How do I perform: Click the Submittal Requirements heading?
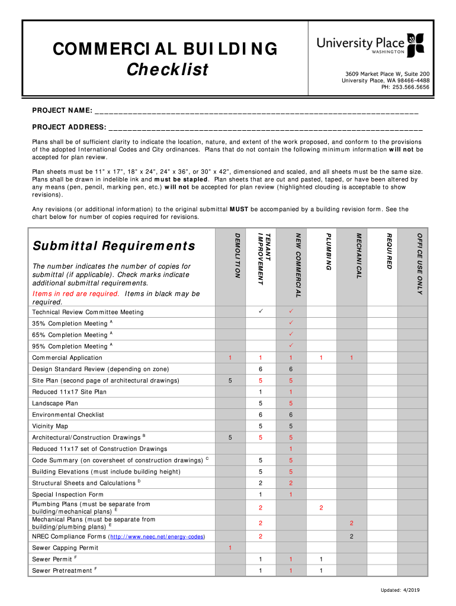(x=114, y=246)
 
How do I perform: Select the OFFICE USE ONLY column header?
(x=419, y=260)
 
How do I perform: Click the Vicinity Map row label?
(x=50, y=426)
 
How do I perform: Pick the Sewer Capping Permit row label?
(x=65, y=548)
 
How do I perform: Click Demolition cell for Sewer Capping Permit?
(x=230, y=548)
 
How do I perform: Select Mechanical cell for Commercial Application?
(x=351, y=357)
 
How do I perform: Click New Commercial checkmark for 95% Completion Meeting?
(x=291, y=346)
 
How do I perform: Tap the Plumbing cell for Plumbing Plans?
(x=321, y=508)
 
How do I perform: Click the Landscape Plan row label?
(x=55, y=403)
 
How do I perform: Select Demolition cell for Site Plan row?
(x=230, y=381)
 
